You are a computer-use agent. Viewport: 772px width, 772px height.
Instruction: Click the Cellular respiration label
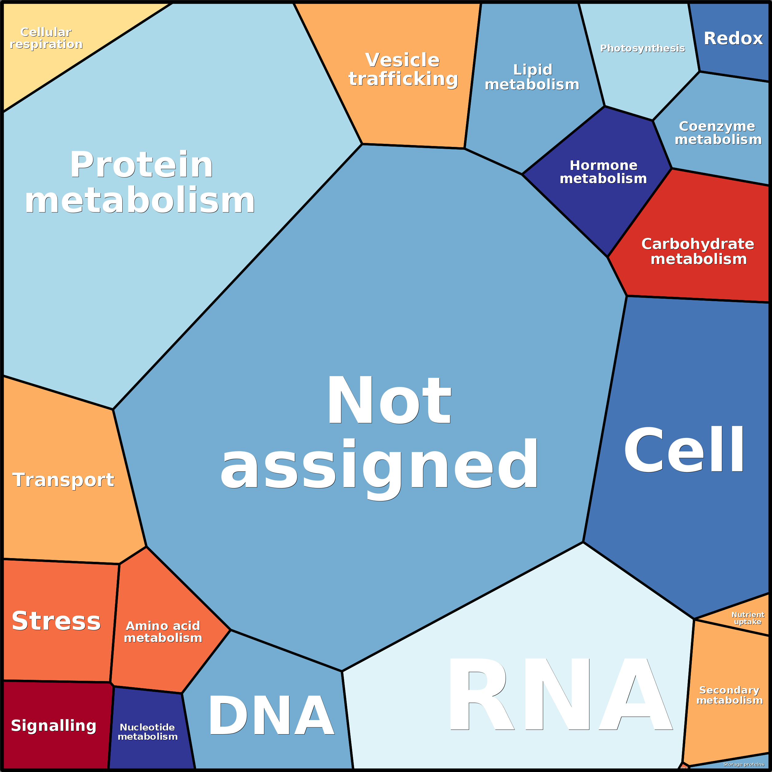pyautogui.click(x=46, y=38)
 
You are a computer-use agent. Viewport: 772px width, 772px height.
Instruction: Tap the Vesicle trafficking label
pyautogui.click(x=403, y=69)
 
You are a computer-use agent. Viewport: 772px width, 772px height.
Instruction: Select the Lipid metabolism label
pyautogui.click(x=532, y=77)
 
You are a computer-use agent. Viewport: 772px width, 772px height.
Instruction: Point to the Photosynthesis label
pyautogui.click(x=643, y=48)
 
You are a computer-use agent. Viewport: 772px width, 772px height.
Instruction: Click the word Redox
pyautogui.click(x=733, y=39)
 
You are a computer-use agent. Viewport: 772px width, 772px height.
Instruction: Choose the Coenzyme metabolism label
pyautogui.click(x=718, y=133)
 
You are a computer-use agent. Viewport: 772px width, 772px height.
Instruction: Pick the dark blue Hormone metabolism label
pyautogui.click(x=603, y=172)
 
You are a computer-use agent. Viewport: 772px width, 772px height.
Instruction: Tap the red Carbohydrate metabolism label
pyautogui.click(x=698, y=251)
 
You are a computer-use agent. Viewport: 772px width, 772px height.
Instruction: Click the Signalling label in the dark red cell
pyautogui.click(x=53, y=725)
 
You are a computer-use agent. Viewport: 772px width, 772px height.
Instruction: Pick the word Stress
pyautogui.click(x=56, y=621)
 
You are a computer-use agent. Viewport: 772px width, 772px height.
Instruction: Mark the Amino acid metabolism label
pyautogui.click(x=163, y=632)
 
